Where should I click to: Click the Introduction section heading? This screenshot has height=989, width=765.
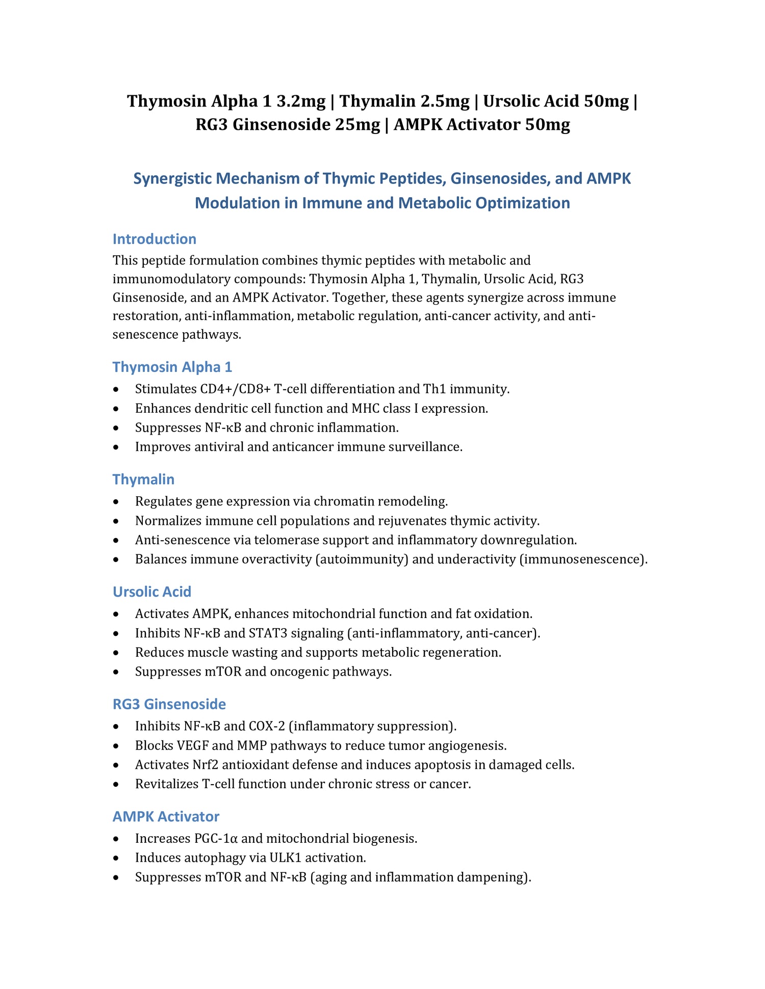point(154,239)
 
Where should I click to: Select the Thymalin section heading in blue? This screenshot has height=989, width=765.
point(143,479)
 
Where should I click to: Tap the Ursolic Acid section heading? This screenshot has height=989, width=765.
point(152,592)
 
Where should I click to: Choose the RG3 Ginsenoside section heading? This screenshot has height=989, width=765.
point(169,704)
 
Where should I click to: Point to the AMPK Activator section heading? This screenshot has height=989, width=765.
point(166,816)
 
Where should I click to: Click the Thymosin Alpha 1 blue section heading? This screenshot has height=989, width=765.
point(172,367)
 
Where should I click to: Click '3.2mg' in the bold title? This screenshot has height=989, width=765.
point(301,101)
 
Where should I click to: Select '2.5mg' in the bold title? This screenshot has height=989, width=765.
point(445,101)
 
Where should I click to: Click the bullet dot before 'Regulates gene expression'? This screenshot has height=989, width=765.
point(117,502)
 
